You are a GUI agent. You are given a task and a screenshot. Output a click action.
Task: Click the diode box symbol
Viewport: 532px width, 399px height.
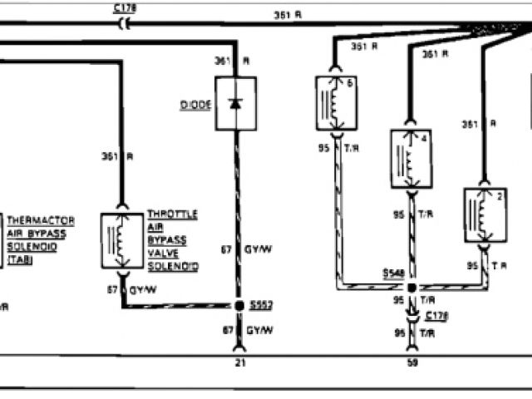click(235, 103)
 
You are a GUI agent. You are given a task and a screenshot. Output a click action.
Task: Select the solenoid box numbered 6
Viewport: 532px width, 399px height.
click(336, 103)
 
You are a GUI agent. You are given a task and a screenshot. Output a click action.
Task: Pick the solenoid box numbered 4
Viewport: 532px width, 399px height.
click(412, 158)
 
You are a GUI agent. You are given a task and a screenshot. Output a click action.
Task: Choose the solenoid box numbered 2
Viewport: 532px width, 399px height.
click(485, 214)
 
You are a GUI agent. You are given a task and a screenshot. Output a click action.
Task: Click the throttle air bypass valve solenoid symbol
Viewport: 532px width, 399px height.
click(122, 241)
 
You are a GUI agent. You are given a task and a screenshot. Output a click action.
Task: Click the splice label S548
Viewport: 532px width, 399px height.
click(395, 273)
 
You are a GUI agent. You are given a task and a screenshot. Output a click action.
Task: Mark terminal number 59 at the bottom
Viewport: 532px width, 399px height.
click(412, 362)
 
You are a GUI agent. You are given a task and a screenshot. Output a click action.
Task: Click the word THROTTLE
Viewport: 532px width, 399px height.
click(172, 214)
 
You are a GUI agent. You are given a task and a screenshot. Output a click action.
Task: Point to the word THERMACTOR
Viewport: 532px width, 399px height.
click(42, 220)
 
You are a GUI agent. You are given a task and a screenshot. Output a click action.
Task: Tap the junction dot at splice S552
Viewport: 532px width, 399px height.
click(239, 306)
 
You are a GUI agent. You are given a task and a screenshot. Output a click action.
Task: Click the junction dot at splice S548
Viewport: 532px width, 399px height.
click(412, 286)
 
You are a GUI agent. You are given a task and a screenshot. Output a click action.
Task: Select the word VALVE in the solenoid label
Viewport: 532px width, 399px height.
click(162, 253)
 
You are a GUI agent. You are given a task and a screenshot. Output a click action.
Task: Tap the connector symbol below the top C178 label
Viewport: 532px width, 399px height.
click(126, 25)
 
